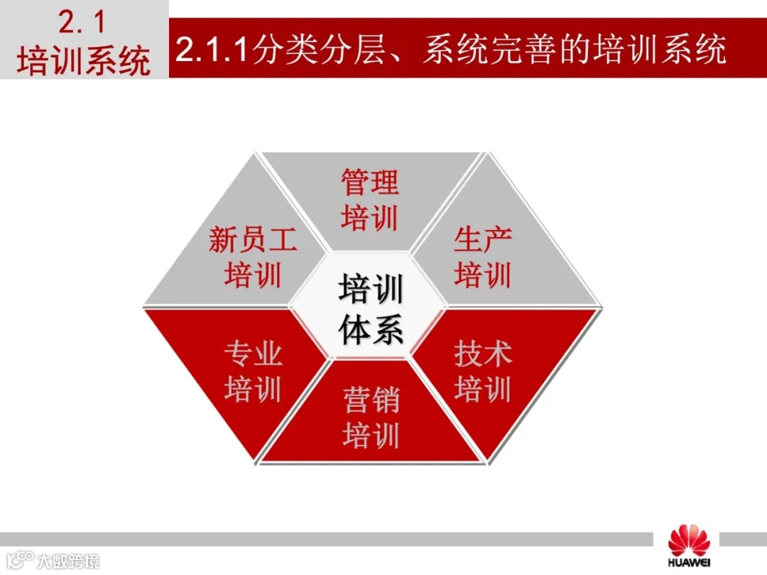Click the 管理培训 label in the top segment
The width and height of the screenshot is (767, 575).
click(370, 200)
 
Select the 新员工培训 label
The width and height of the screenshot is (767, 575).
click(253, 257)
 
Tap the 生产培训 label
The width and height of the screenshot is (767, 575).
click(483, 257)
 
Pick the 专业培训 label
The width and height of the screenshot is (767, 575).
click(253, 371)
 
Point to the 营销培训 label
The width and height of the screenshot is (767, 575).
click(371, 417)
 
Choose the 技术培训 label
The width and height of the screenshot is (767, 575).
click(483, 371)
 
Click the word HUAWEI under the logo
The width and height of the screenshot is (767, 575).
click(688, 564)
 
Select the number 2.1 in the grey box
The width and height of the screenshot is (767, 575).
click(82, 23)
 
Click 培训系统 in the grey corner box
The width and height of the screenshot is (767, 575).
click(84, 60)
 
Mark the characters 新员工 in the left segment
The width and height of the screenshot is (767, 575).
click(253, 241)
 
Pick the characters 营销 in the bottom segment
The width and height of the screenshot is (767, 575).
click(371, 401)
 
